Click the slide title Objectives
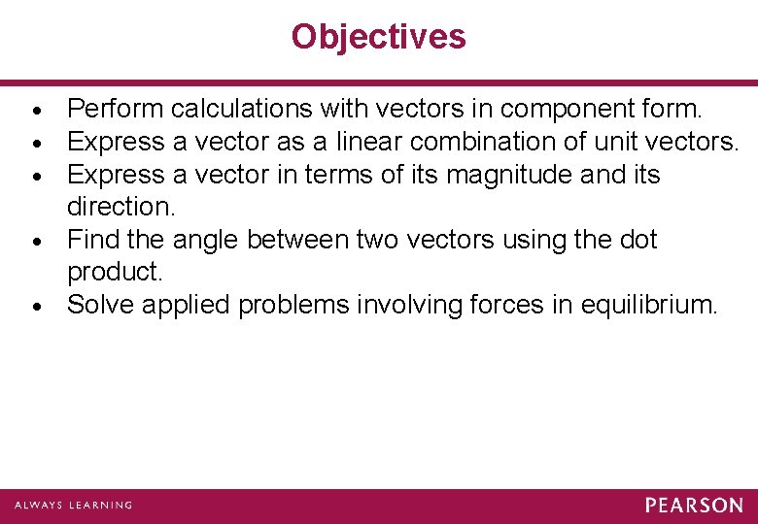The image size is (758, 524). [379, 37]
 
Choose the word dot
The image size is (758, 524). [637, 240]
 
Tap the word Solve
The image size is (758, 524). [101, 305]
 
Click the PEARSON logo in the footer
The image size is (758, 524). [694, 506]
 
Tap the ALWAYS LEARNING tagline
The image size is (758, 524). [73, 506]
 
